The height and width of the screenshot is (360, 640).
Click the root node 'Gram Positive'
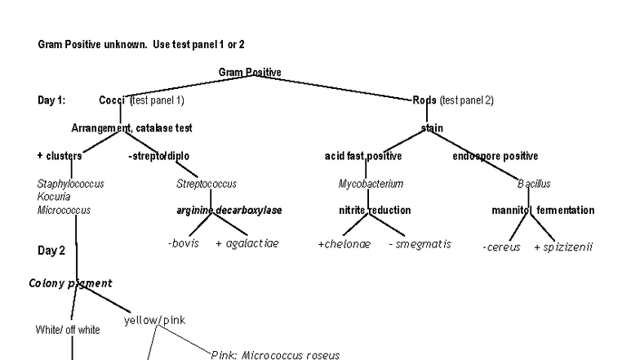coord(250,73)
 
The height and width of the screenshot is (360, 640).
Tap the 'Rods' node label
coord(424,100)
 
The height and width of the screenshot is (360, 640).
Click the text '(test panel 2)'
coord(467,100)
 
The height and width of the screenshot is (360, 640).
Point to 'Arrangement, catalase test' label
coord(131,128)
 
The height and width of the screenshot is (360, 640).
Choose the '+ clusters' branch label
coord(60,156)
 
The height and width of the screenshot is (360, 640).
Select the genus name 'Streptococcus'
coord(207,184)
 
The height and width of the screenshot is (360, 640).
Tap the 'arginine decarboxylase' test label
coord(229,211)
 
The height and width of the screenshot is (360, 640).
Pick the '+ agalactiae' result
coord(247,244)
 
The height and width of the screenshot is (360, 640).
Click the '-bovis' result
coord(184,244)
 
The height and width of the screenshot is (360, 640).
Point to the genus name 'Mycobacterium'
coord(371,184)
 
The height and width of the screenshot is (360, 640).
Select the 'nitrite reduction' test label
coord(375,211)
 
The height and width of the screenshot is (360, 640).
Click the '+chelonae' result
coord(344,244)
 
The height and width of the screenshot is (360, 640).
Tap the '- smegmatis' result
coord(420,244)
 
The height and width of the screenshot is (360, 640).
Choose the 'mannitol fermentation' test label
coord(543,211)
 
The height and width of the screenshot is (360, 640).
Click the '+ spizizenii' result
coord(563,247)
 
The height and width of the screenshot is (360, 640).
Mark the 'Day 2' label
coord(51,251)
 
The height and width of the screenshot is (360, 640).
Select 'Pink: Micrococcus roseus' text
coord(275,355)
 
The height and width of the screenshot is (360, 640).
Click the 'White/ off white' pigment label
coord(68,330)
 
